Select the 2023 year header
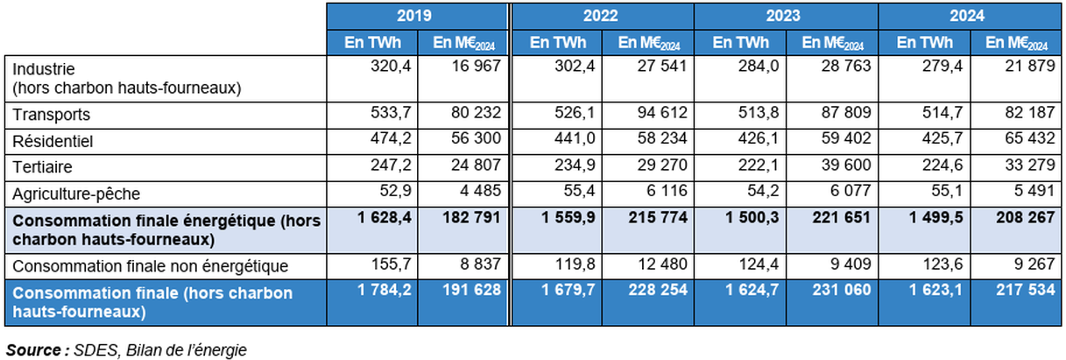point(785,16)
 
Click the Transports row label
point(52,114)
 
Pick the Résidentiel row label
point(52,140)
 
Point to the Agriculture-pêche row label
point(76,193)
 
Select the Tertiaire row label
point(42,166)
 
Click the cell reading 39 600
point(841,166)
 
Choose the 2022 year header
point(601,16)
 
